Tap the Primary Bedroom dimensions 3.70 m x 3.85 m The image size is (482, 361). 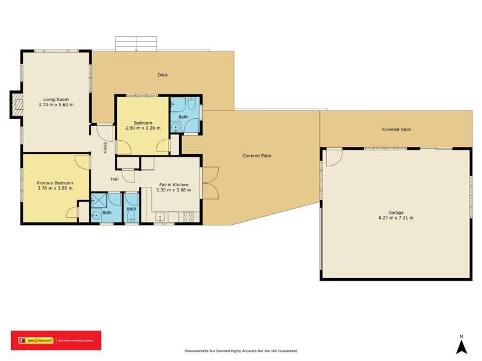click(55, 189)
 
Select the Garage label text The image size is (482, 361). click(395, 213)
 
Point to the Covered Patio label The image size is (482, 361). click(257, 155)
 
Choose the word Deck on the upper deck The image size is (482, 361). click(163, 75)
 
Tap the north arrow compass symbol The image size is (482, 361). click(461, 346)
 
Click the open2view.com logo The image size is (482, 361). click(33, 340)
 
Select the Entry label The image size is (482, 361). click(105, 147)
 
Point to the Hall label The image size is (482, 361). click(115, 179)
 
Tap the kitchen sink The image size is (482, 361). click(161, 217)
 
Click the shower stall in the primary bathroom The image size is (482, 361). click(101, 200)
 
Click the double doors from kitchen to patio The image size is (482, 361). click(209, 182)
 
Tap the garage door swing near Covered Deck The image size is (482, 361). click(333, 157)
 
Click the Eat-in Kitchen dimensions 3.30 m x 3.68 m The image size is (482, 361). click(174, 190)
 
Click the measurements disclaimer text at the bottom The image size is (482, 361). click(240, 351)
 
